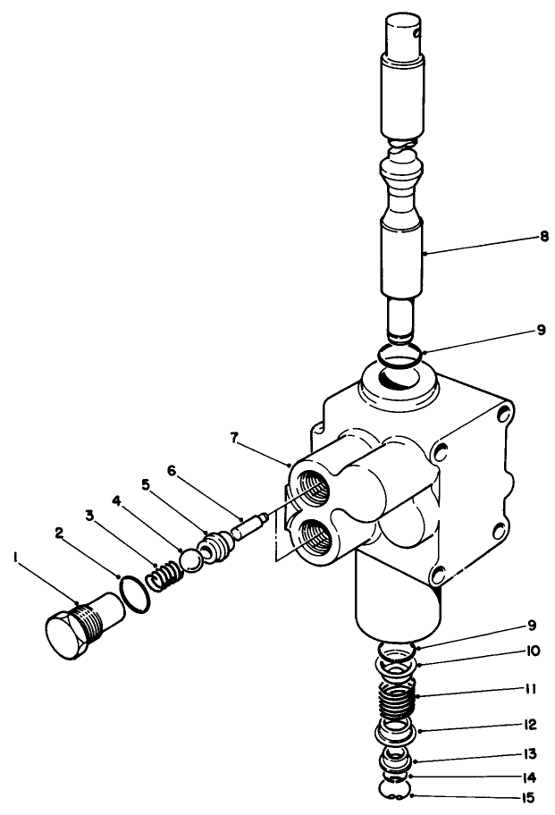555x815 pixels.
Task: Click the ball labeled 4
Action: (191, 559)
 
